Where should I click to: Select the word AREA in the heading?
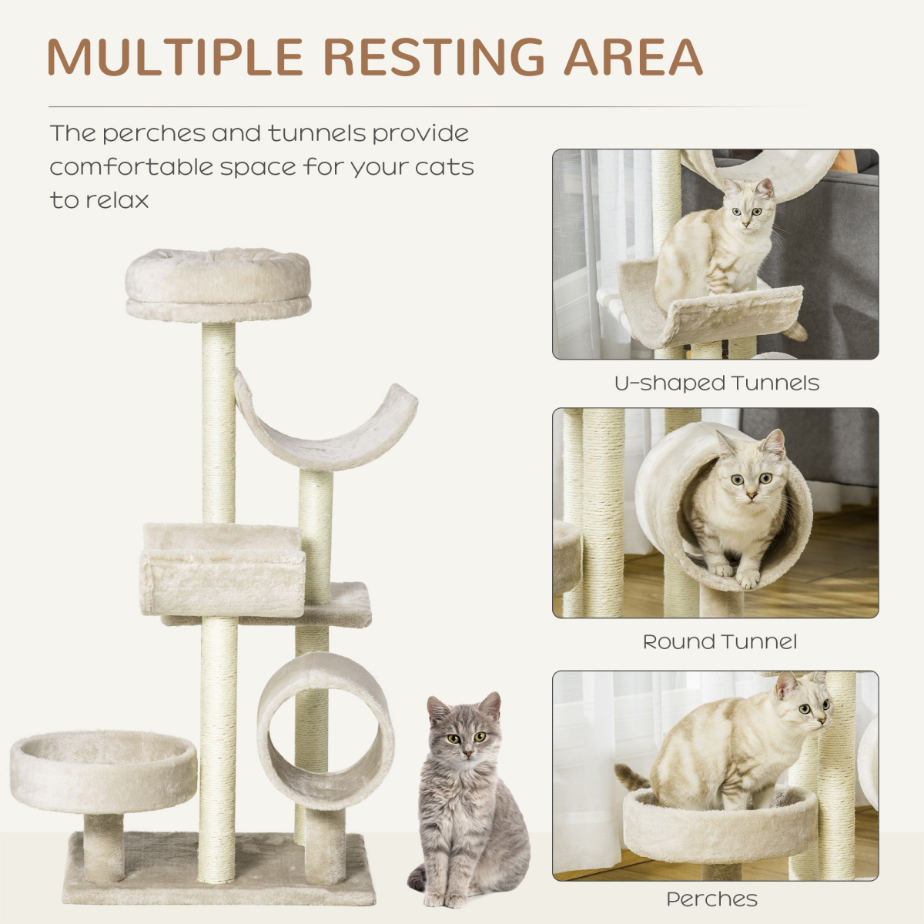click(633, 57)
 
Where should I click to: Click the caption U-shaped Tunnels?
click(716, 383)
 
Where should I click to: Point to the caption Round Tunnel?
click(720, 641)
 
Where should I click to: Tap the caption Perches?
click(712, 899)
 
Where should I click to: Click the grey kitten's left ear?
click(437, 708)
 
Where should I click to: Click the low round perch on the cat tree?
click(103, 770)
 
